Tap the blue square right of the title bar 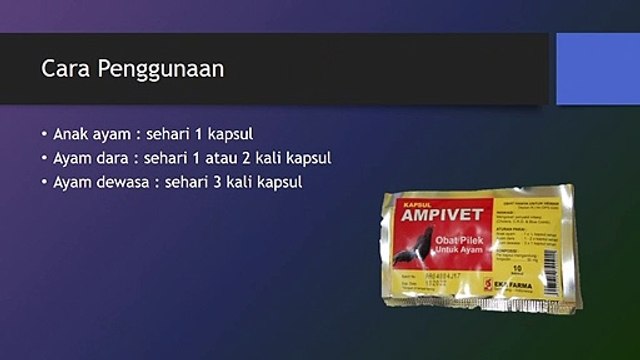click(x=597, y=68)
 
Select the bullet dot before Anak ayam click(x=44, y=134)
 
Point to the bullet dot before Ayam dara click(x=44, y=158)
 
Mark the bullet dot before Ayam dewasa click(x=44, y=182)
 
